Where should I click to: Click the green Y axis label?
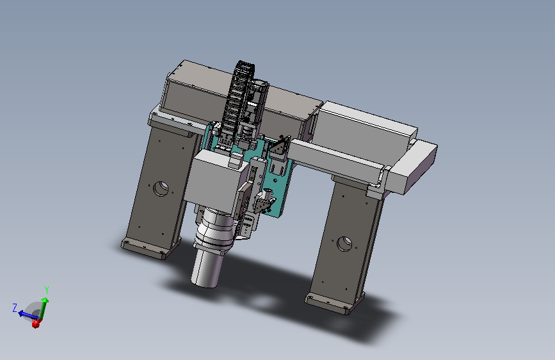pyautogui.click(x=46, y=290)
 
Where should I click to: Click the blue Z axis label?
pyautogui.click(x=15, y=307)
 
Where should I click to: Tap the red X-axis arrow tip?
pyautogui.click(x=35, y=323)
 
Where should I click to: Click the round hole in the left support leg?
pyautogui.click(x=161, y=188)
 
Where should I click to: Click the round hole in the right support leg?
pyautogui.click(x=344, y=244)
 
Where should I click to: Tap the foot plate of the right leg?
pyautogui.click(x=333, y=303)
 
